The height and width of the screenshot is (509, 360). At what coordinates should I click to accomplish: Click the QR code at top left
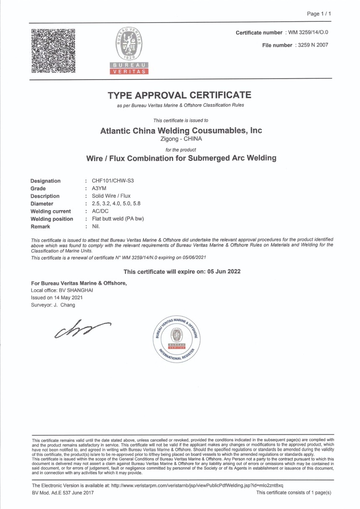coord(53,51)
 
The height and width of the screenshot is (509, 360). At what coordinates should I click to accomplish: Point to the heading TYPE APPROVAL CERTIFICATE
coord(180,95)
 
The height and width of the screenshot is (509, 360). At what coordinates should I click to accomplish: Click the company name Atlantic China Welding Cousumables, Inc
coord(181,131)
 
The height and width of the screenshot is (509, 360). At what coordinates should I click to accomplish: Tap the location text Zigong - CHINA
coord(181,139)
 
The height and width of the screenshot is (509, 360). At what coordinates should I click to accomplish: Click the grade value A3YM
coord(99,188)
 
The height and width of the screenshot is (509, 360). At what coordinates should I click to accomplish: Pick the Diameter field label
coord(42,204)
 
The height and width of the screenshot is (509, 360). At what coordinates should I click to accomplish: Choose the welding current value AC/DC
coord(100,211)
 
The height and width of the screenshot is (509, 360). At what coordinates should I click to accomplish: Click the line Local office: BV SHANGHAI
coord(62,290)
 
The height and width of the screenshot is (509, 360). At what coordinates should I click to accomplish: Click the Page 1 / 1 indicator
coord(319,14)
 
